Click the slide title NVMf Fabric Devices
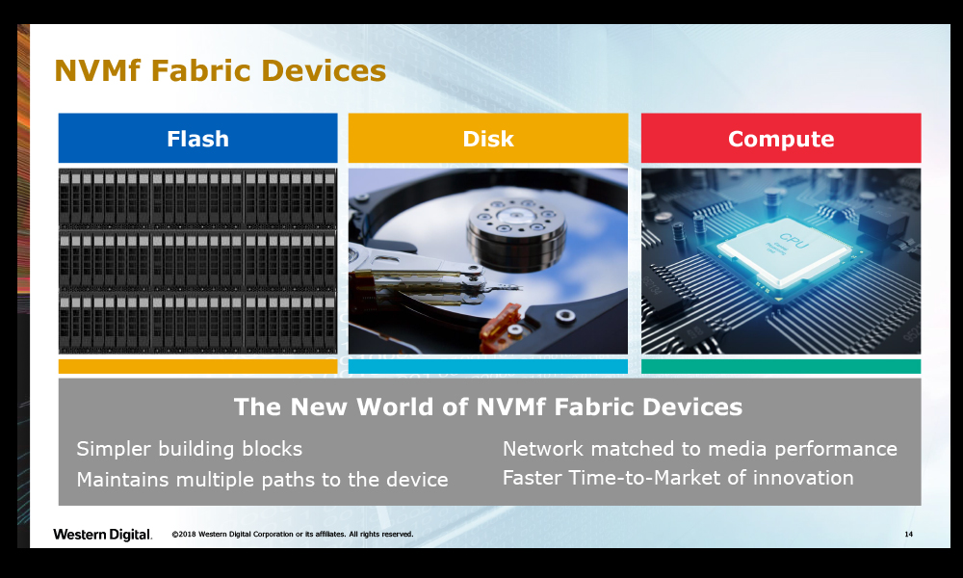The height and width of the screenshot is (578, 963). tap(220, 70)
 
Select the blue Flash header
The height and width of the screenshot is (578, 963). tap(197, 138)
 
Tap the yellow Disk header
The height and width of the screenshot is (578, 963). tap(487, 138)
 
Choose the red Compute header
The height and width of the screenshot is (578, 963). tap(781, 138)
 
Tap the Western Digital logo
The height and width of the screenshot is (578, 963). tap(102, 535)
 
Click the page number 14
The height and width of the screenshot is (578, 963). tap(908, 535)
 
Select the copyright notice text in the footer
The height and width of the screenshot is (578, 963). tap(293, 535)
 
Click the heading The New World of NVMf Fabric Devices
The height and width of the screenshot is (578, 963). tap(488, 407)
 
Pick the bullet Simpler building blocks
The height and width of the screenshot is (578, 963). tap(189, 449)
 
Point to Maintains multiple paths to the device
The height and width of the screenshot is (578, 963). tap(262, 480)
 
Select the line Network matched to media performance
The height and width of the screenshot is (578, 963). tap(700, 449)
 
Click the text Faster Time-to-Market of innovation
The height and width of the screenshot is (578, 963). tap(678, 478)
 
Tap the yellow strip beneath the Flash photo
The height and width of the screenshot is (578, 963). tap(197, 367)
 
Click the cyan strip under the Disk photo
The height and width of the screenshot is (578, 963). tap(487, 367)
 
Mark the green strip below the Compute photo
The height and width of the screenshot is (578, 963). tap(781, 367)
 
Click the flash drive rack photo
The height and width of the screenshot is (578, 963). tap(197, 261)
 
